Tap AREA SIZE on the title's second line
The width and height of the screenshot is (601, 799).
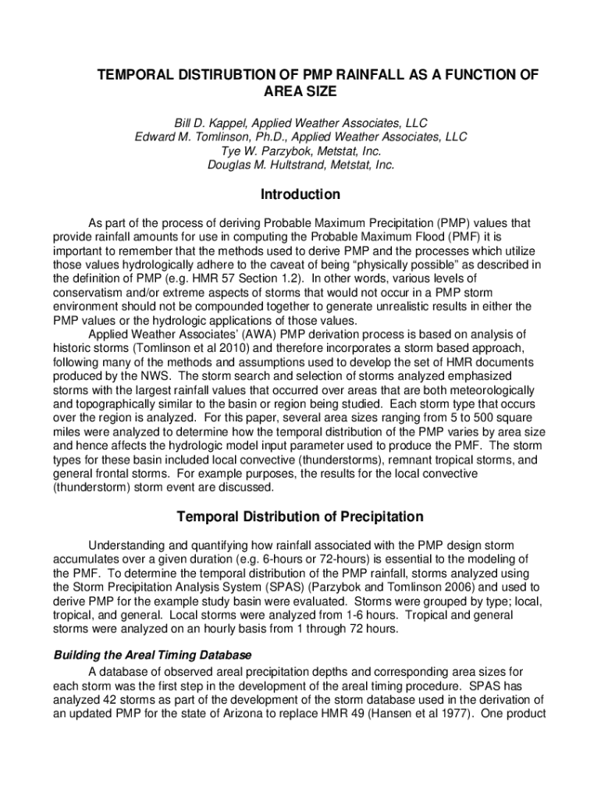(300, 91)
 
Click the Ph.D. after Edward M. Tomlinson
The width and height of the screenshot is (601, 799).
(270, 137)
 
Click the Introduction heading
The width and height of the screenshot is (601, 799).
(300, 194)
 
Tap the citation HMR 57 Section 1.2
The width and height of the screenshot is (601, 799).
(246, 279)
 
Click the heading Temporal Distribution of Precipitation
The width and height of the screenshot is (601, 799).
(300, 517)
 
